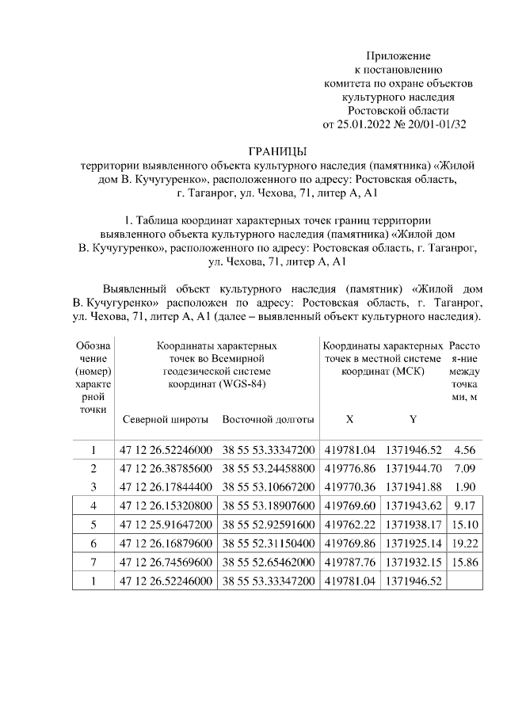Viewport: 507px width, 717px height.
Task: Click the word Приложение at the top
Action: (x=398, y=56)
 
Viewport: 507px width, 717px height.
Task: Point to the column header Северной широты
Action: (x=166, y=419)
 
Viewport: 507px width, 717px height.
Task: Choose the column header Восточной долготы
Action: (x=268, y=419)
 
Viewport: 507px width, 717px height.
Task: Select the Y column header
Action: (x=413, y=419)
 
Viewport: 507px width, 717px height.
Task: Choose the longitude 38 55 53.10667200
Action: (x=268, y=486)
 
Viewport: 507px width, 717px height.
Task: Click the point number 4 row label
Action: (x=93, y=505)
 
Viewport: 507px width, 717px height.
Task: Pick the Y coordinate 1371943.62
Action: (x=414, y=505)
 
